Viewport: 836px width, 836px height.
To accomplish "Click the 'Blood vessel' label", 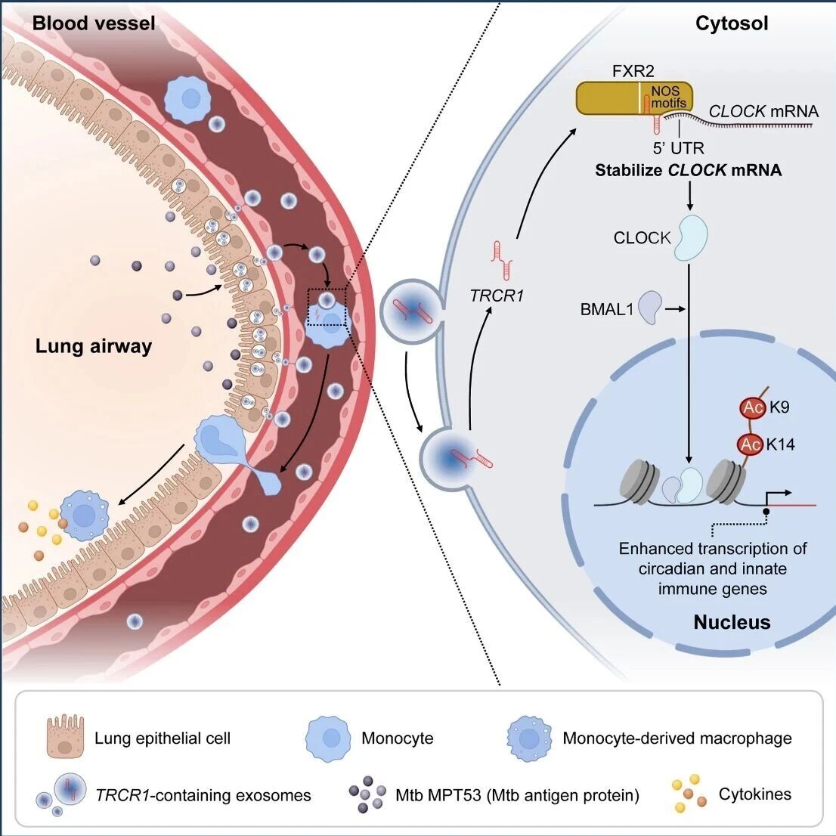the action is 94,23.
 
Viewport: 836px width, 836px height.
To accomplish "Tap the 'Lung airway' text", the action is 94,346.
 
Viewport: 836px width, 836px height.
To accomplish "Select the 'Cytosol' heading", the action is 732,23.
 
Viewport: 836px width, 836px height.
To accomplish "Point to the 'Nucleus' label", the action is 732,621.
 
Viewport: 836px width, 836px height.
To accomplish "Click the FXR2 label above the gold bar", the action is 633,71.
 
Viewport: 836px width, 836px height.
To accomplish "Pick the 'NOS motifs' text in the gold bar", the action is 668,97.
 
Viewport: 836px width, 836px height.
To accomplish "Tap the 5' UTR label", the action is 678,147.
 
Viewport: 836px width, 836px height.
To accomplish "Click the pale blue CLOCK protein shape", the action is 692,237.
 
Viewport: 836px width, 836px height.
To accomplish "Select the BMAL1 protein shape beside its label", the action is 651,307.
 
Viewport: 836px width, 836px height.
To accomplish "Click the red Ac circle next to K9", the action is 753,408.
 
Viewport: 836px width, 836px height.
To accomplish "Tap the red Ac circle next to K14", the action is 750,444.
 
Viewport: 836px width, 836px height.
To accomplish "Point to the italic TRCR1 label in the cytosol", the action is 497,296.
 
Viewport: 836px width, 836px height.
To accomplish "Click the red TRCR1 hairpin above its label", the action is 502,260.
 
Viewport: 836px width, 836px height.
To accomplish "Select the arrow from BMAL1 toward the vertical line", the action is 675,308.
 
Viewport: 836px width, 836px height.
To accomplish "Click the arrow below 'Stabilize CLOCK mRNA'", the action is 690,197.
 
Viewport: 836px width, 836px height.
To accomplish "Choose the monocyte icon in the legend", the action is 328,738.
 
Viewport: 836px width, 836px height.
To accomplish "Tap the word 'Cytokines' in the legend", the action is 755,794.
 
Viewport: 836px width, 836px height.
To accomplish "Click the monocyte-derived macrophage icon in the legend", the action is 529,738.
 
